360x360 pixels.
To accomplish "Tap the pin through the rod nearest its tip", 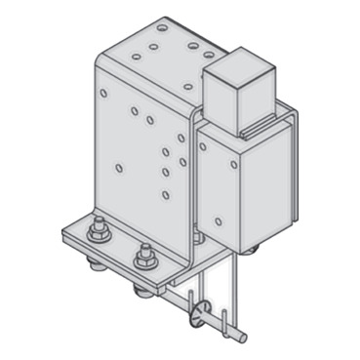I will tap(226, 320).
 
